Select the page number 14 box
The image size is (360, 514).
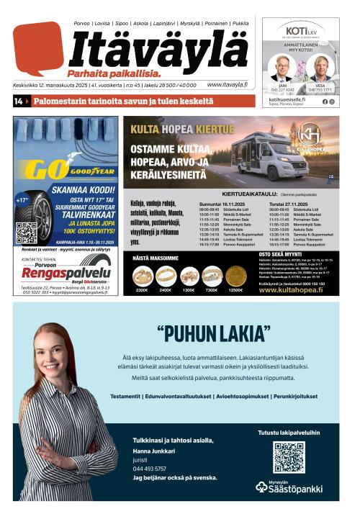[x=18, y=102]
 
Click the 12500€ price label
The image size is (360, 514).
[x=235, y=290]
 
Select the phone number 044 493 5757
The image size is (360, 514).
[x=149, y=469]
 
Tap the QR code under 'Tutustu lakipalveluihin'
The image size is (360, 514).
[x=288, y=456]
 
